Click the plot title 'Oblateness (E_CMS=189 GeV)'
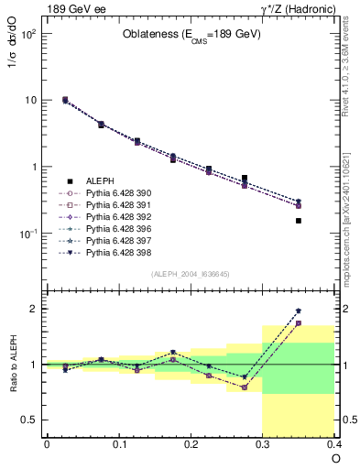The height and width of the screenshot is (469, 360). click(x=191, y=35)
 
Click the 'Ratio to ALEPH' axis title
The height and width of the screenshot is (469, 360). click(x=15, y=365)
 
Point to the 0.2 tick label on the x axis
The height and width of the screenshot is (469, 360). click(x=191, y=445)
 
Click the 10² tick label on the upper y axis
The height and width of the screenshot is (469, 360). click(x=27, y=33)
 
